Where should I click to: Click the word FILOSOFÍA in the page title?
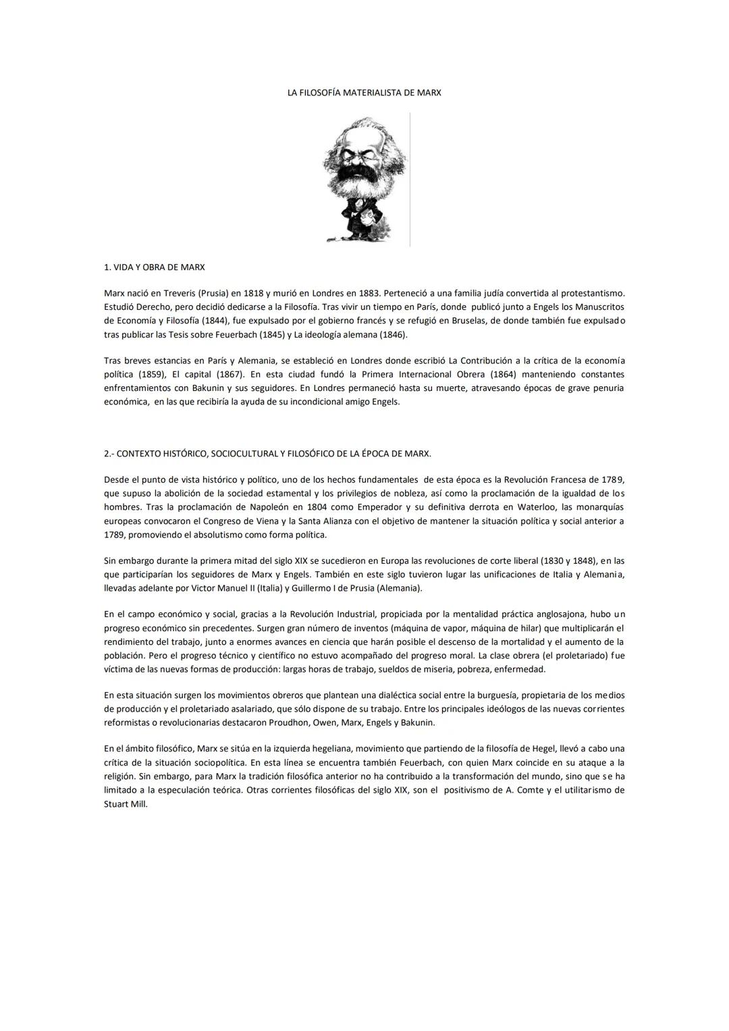click(320, 92)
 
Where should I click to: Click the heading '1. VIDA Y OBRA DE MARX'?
click(155, 267)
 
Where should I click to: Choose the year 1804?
click(317, 507)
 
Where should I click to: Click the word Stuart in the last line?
click(116, 804)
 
